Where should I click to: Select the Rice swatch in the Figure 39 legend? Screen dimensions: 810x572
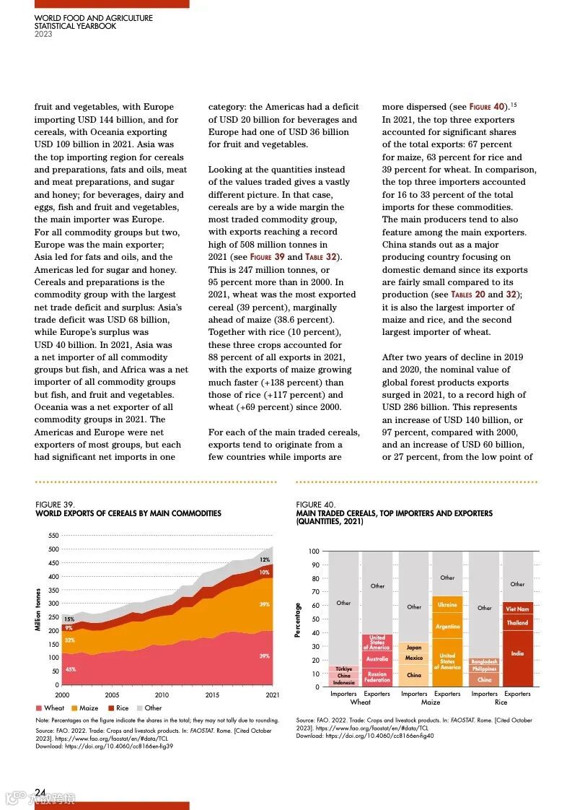click(110, 708)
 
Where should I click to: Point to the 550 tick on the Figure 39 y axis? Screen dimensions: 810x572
click(53, 536)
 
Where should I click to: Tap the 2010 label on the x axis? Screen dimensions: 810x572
click(162, 694)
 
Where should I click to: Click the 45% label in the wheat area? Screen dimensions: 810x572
click(70, 670)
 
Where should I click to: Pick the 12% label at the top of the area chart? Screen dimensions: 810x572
click(265, 560)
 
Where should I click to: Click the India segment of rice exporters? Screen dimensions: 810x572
click(517, 654)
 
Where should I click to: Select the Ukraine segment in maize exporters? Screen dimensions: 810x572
click(447, 605)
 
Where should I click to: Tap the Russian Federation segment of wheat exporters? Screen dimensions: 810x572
click(377, 677)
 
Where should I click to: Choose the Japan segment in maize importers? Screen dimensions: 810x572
click(414, 648)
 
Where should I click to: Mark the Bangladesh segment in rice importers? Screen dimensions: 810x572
click(484, 661)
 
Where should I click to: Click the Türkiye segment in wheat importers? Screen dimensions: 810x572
click(343, 669)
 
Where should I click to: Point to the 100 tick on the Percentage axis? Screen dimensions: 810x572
click(314, 552)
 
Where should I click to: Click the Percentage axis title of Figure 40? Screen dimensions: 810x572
click(299, 619)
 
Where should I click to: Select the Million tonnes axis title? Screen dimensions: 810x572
click(38, 610)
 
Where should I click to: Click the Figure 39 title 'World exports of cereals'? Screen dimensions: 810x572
click(128, 513)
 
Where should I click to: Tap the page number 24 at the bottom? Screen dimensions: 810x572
click(40, 793)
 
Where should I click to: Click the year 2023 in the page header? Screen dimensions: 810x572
click(43, 34)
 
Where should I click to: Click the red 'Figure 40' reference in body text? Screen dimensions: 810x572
click(488, 107)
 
